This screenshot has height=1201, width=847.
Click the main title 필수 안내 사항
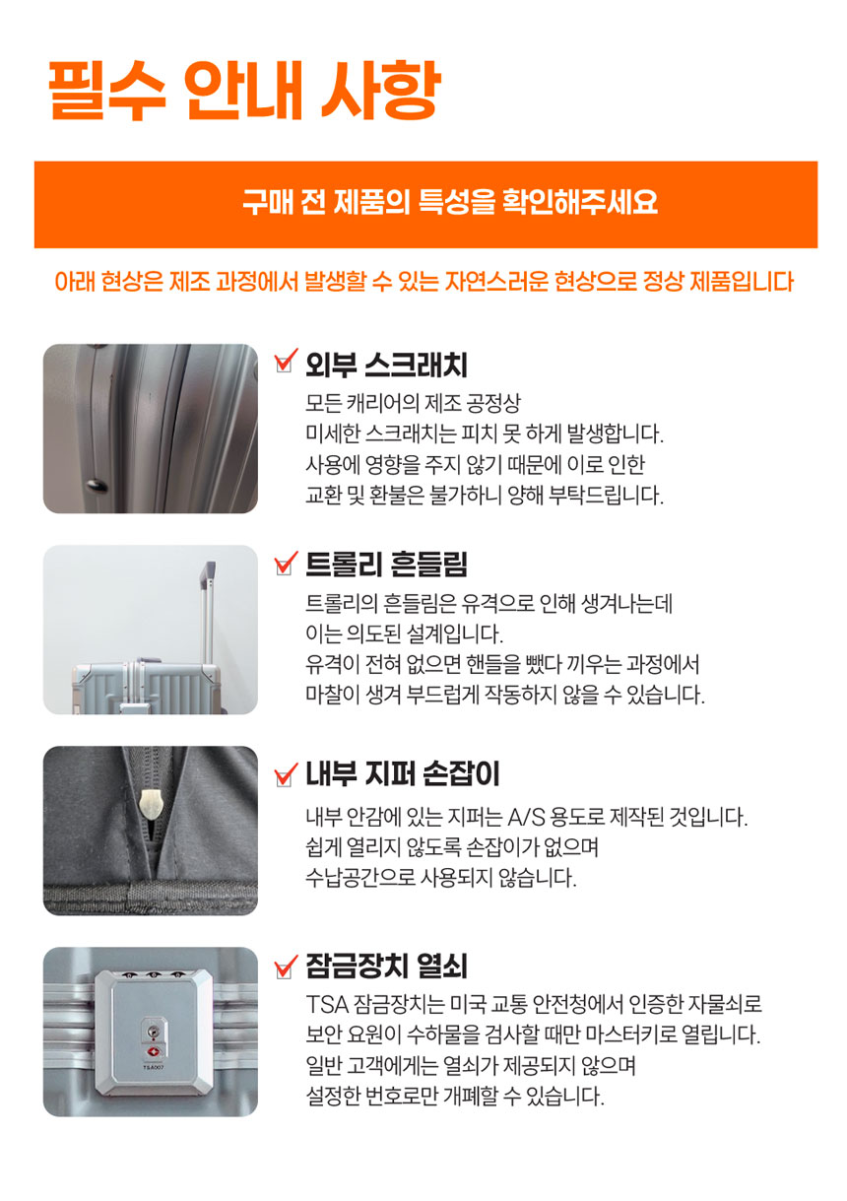(245, 90)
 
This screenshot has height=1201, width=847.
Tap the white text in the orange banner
(449, 203)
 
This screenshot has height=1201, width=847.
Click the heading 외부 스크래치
(386, 366)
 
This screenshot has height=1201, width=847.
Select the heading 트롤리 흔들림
(386, 564)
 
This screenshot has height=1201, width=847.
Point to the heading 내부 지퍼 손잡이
(403, 774)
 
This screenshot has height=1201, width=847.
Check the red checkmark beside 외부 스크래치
(286, 361)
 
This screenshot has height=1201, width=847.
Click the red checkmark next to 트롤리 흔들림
(286, 563)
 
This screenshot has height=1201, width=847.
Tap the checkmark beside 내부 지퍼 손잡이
(286, 773)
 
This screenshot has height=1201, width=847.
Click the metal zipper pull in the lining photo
(149, 803)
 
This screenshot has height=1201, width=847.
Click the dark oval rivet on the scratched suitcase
(98, 487)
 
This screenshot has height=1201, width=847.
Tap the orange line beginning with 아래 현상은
(423, 282)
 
